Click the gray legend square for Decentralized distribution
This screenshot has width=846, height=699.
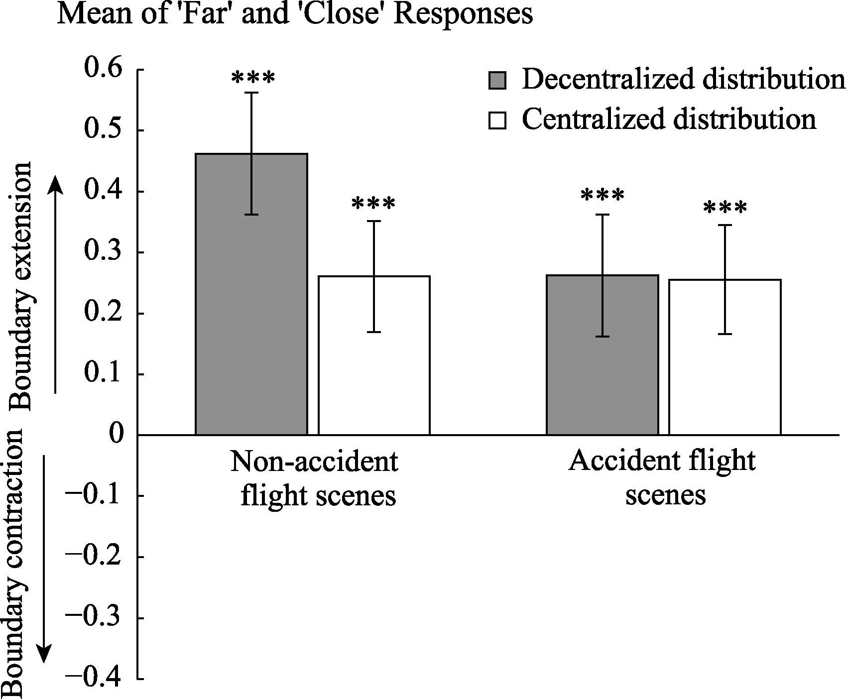click(x=497, y=80)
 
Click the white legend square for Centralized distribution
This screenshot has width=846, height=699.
click(x=497, y=120)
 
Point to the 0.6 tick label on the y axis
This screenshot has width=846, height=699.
click(x=104, y=69)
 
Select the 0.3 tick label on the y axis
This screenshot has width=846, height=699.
click(x=104, y=252)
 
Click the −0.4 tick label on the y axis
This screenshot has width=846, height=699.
click(x=94, y=678)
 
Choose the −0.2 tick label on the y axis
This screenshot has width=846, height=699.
click(x=94, y=556)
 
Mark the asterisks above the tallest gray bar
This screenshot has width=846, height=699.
click(x=252, y=78)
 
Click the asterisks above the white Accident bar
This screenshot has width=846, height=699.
click(x=725, y=208)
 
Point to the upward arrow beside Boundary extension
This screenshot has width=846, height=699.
click(x=56, y=284)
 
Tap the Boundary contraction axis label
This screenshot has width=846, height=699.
click(x=13, y=563)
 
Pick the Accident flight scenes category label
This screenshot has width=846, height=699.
click(x=663, y=478)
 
